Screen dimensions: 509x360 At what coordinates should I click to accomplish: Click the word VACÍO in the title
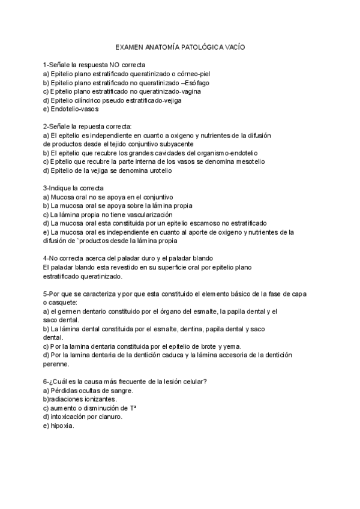tap(233, 46)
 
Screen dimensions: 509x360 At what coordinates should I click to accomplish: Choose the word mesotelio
tap(249, 161)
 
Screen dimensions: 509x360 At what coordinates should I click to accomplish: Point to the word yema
tap(230, 346)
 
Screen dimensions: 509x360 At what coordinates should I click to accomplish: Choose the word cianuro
tap(110, 417)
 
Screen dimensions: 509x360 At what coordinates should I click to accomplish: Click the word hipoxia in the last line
tap(62, 426)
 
